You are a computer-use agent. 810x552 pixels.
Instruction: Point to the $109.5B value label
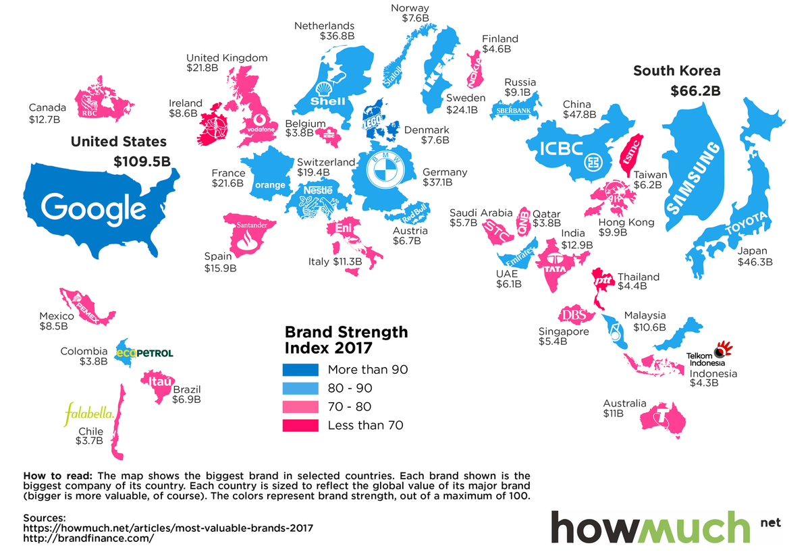coord(140,162)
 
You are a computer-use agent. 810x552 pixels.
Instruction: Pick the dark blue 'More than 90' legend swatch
coord(300,370)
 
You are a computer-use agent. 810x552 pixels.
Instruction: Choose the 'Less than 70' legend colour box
coord(300,425)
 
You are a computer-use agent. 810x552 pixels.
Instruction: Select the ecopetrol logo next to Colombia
coord(145,353)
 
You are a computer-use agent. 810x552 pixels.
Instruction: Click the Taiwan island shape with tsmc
coord(630,153)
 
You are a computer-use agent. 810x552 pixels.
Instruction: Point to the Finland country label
coord(500,38)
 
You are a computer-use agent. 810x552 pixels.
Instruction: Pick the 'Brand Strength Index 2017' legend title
coord(346,339)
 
